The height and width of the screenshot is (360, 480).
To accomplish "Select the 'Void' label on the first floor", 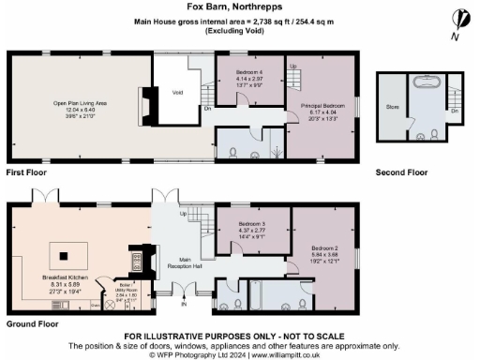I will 177,92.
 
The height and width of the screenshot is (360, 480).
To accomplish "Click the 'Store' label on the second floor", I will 392,107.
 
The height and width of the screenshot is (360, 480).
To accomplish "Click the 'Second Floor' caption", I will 401,172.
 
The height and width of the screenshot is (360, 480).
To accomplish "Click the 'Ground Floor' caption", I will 30,323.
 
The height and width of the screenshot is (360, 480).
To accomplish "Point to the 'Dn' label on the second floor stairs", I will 455,110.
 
